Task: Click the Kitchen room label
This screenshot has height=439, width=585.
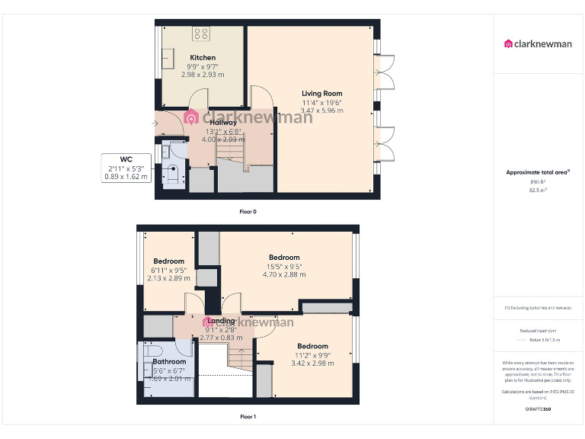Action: tap(203, 58)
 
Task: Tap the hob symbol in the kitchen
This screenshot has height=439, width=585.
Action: tap(202, 34)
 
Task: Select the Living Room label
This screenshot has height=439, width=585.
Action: tap(321, 94)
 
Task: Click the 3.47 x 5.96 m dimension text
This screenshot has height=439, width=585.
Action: tap(321, 111)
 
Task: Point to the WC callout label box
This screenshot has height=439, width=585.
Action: tap(126, 168)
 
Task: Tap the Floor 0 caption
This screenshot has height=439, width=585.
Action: tap(248, 211)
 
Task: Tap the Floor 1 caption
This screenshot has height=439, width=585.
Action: tap(248, 417)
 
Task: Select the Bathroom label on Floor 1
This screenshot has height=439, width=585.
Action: tap(169, 362)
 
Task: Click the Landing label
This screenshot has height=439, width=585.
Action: tap(221, 321)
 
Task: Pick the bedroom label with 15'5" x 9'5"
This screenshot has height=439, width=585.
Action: tap(283, 258)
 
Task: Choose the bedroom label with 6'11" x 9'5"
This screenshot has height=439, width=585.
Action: tap(168, 261)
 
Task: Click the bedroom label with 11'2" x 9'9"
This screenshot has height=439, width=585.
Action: tap(312, 346)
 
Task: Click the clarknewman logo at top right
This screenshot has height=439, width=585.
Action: tap(538, 43)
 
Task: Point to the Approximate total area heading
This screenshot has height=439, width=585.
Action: tap(538, 172)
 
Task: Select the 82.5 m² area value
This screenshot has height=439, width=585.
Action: tap(538, 191)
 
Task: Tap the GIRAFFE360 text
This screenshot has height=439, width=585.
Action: tap(538, 409)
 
